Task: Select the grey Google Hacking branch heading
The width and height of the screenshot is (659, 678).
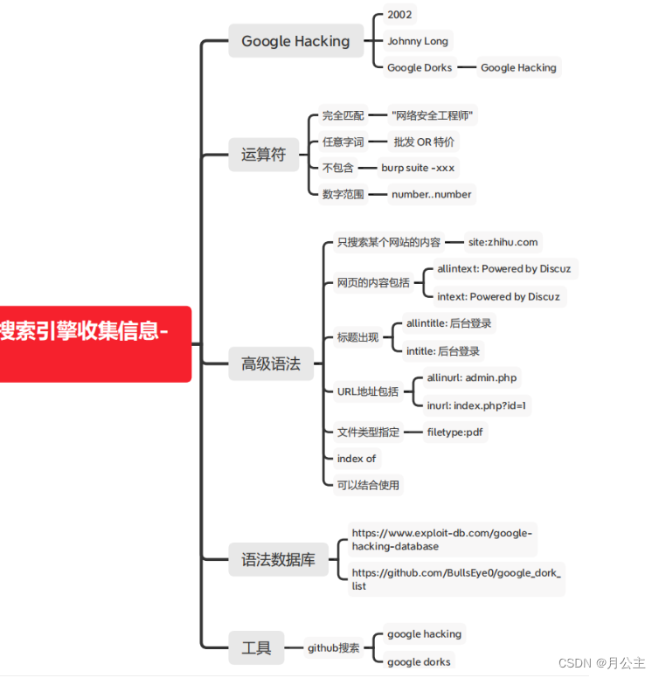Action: point(295,41)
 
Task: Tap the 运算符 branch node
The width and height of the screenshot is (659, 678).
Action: point(263,155)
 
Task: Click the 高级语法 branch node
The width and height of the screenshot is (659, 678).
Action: point(270,363)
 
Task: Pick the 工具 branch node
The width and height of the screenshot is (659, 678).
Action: point(256,647)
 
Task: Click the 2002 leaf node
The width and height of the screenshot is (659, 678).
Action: point(400,15)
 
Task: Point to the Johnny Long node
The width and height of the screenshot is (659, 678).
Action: point(418,41)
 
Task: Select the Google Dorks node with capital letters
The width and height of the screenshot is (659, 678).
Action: point(420,67)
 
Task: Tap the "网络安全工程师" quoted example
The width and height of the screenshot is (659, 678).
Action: point(434,115)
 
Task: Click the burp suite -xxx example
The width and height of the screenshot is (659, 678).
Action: point(418,168)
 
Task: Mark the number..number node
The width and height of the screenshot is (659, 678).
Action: point(431,194)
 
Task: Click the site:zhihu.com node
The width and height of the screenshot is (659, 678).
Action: point(503,242)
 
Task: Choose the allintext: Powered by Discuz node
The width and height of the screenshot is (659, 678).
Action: point(503,269)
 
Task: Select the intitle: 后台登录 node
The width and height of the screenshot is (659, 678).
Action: point(443,351)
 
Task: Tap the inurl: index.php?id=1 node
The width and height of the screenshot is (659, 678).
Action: point(478,405)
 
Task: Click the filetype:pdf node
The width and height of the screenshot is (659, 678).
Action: point(455,432)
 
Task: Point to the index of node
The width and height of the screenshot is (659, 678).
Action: point(356,458)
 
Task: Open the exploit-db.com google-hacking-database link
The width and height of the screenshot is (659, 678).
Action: point(441,539)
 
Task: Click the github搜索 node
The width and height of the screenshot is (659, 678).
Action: point(333,647)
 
